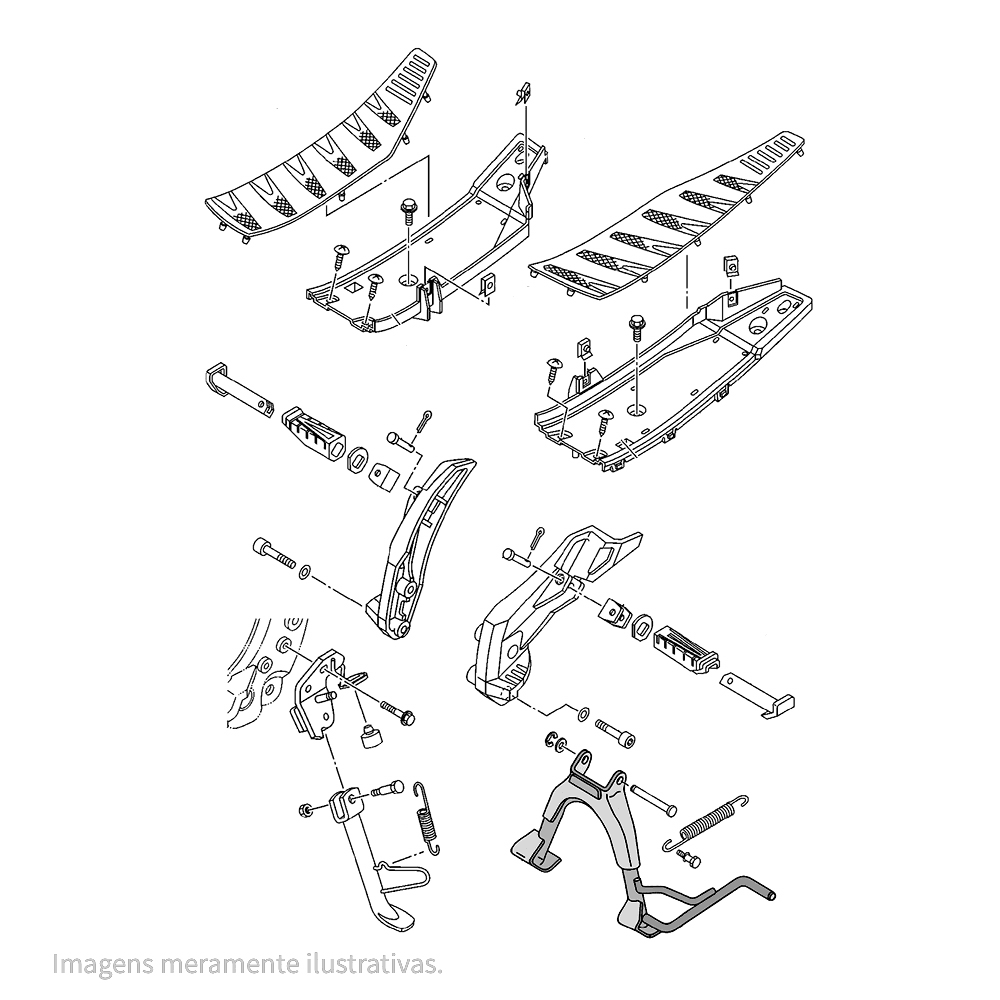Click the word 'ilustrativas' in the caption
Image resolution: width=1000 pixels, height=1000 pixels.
tap(370, 963)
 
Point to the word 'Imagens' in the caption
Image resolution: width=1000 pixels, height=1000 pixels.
tap(103, 964)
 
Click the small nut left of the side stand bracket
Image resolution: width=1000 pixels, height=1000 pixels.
tap(305, 811)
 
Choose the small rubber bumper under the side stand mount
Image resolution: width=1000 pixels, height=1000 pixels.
tap(370, 737)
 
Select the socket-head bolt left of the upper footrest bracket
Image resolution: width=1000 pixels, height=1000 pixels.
tap(275, 552)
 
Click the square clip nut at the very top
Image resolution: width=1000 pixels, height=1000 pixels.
tap(522, 93)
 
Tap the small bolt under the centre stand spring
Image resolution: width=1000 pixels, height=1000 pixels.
tap(689, 858)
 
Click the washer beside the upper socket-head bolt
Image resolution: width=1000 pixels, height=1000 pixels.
tap(305, 571)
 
